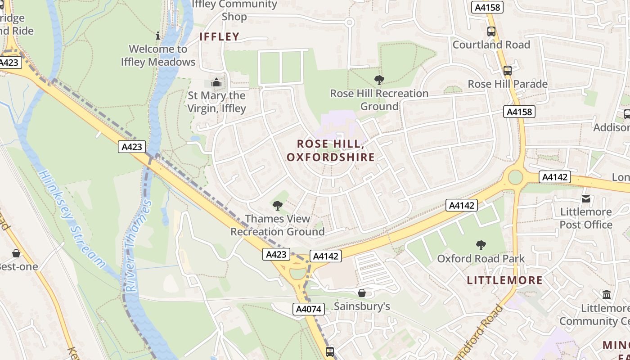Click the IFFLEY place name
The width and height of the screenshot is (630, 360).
pyautogui.click(x=219, y=37)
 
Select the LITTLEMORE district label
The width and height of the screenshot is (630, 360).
pyautogui.click(x=504, y=280)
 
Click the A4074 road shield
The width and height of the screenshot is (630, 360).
pyautogui.click(x=308, y=309)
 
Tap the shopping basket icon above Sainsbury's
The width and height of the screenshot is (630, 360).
pyautogui.click(x=361, y=293)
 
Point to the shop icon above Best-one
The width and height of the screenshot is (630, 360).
pyautogui.click(x=16, y=253)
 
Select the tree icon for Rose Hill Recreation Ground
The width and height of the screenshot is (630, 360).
pyautogui.click(x=379, y=80)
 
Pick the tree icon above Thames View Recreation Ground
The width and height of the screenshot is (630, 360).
pyautogui.click(x=277, y=206)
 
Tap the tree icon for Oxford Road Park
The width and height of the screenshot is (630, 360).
pyautogui.click(x=481, y=245)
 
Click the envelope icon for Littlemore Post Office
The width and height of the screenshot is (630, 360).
pyautogui.click(x=585, y=198)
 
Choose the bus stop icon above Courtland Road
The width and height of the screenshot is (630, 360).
pyautogui.click(x=491, y=31)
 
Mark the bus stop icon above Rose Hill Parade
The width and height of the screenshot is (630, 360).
pyautogui.click(x=507, y=71)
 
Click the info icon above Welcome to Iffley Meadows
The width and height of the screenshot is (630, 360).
pyautogui.click(x=158, y=36)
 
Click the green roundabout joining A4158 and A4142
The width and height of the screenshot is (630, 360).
pyautogui.click(x=515, y=177)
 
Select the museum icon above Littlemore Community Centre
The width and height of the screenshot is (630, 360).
pyautogui.click(x=607, y=295)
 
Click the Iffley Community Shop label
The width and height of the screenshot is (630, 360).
pyautogui.click(x=234, y=11)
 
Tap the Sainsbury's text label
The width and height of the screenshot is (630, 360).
pyautogui.click(x=362, y=306)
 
